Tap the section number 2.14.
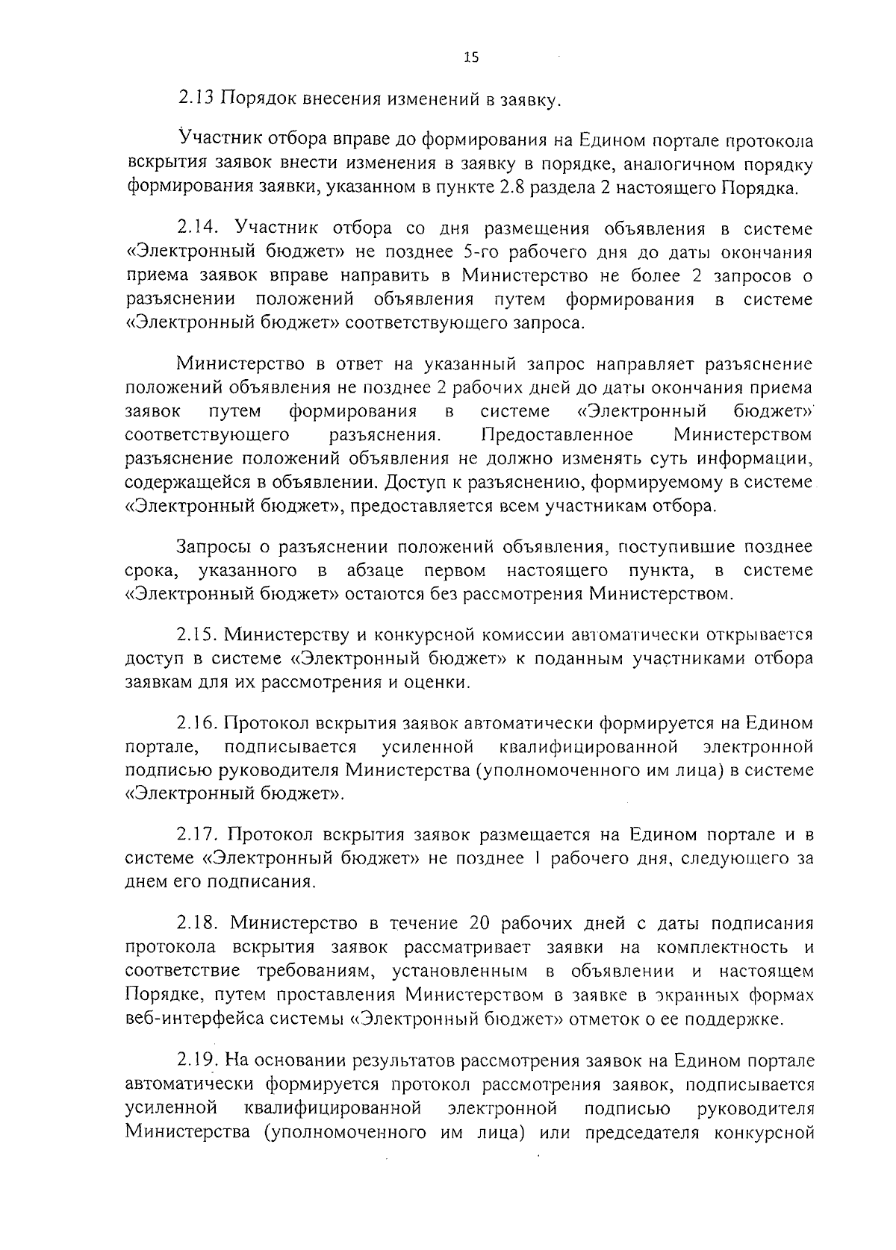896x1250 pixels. click(201, 228)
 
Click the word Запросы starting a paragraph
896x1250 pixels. click(211, 547)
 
